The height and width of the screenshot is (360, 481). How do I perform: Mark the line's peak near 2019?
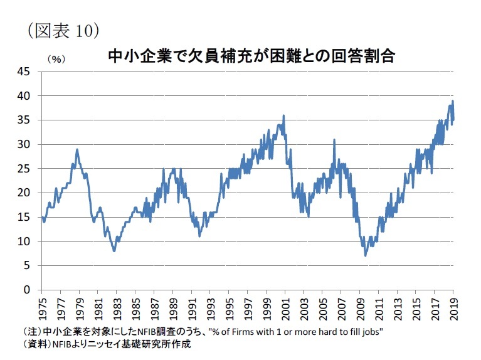(453, 101)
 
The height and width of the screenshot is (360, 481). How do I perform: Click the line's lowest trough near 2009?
(365, 255)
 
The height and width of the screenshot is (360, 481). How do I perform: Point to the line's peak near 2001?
(283, 115)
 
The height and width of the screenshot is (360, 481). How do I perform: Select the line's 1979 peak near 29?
(77, 149)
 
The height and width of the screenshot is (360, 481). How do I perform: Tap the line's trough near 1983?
(114, 251)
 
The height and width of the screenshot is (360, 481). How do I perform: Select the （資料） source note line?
(107, 344)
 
